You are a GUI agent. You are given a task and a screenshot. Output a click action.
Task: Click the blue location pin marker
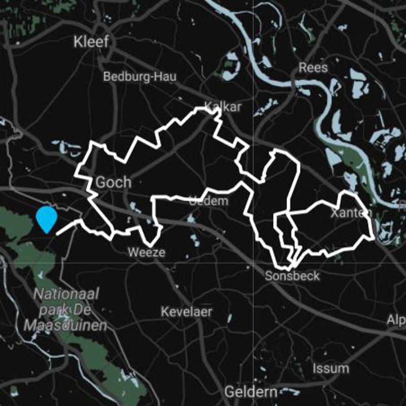coord(47,219)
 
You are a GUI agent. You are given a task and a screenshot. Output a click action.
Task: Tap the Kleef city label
coord(91,42)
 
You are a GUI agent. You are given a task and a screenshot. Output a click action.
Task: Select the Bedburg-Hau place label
coord(140,77)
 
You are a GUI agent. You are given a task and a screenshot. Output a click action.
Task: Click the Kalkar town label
coord(222,107)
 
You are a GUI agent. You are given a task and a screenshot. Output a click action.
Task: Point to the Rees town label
coord(313,67)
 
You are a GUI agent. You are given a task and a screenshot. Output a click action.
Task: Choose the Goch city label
coord(113,182)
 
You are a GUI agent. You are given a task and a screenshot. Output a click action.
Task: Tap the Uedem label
coord(208,201)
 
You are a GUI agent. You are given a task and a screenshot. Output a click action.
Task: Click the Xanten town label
coord(351,213)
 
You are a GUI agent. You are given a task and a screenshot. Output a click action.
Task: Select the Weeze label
coord(147,252)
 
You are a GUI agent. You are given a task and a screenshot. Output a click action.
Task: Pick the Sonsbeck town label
coord(292,276)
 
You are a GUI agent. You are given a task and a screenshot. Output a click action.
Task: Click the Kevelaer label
coord(186,311)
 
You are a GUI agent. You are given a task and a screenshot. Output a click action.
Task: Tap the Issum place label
coord(331,368)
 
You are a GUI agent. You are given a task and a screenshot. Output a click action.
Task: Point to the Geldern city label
coord(251,392)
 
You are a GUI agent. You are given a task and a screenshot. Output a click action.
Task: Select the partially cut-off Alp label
coord(396,320)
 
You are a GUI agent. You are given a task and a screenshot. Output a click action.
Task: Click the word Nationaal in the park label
coord(67,294)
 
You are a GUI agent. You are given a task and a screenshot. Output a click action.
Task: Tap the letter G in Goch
coord(100,182)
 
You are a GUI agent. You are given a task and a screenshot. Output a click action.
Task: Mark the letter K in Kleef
coord(78,42)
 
